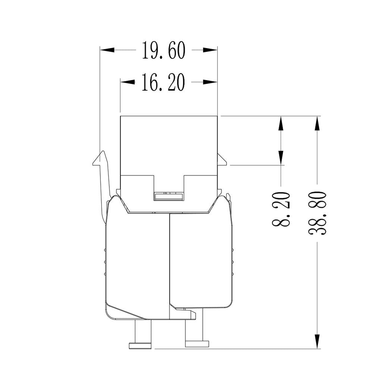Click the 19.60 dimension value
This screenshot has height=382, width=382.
[x=163, y=50]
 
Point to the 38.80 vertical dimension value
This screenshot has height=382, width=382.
[x=317, y=213]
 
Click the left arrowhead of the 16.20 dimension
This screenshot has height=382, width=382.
[x=127, y=82]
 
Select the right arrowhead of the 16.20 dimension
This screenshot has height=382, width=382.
[x=210, y=82]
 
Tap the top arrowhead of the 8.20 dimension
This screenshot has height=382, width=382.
[x=281, y=123]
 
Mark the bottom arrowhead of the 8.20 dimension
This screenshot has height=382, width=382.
[x=281, y=157]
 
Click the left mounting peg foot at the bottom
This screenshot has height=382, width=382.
[x=140, y=345]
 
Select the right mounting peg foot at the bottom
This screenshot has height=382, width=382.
[x=197, y=344]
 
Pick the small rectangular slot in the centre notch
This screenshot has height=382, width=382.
[x=169, y=197]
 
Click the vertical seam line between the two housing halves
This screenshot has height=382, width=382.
[x=170, y=261]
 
